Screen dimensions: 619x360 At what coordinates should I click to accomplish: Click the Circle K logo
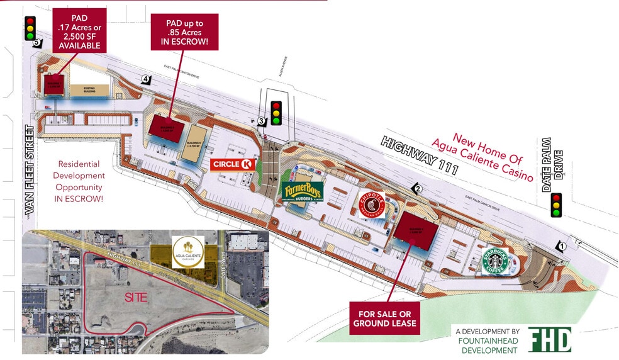(233, 164)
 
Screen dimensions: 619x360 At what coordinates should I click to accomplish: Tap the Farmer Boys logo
(303, 191)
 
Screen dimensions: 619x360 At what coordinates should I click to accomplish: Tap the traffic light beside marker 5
(30, 28)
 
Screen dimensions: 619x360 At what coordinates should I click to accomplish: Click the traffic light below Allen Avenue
(276, 113)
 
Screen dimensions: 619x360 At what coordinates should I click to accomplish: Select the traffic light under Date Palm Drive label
(556, 205)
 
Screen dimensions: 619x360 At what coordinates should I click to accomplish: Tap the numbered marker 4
(146, 79)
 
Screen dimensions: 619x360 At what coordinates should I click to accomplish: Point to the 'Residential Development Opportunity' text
(79, 180)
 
